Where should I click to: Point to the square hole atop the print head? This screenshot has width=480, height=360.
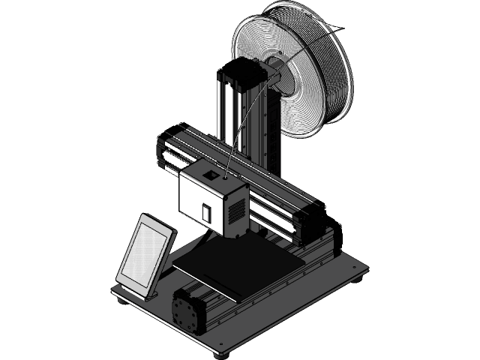pos(213,174)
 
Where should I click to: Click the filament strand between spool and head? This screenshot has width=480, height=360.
pos(241,127)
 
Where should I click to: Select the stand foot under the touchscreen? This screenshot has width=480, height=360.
pos(150,294)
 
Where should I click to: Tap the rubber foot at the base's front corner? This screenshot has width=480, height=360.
pos(222,353)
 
